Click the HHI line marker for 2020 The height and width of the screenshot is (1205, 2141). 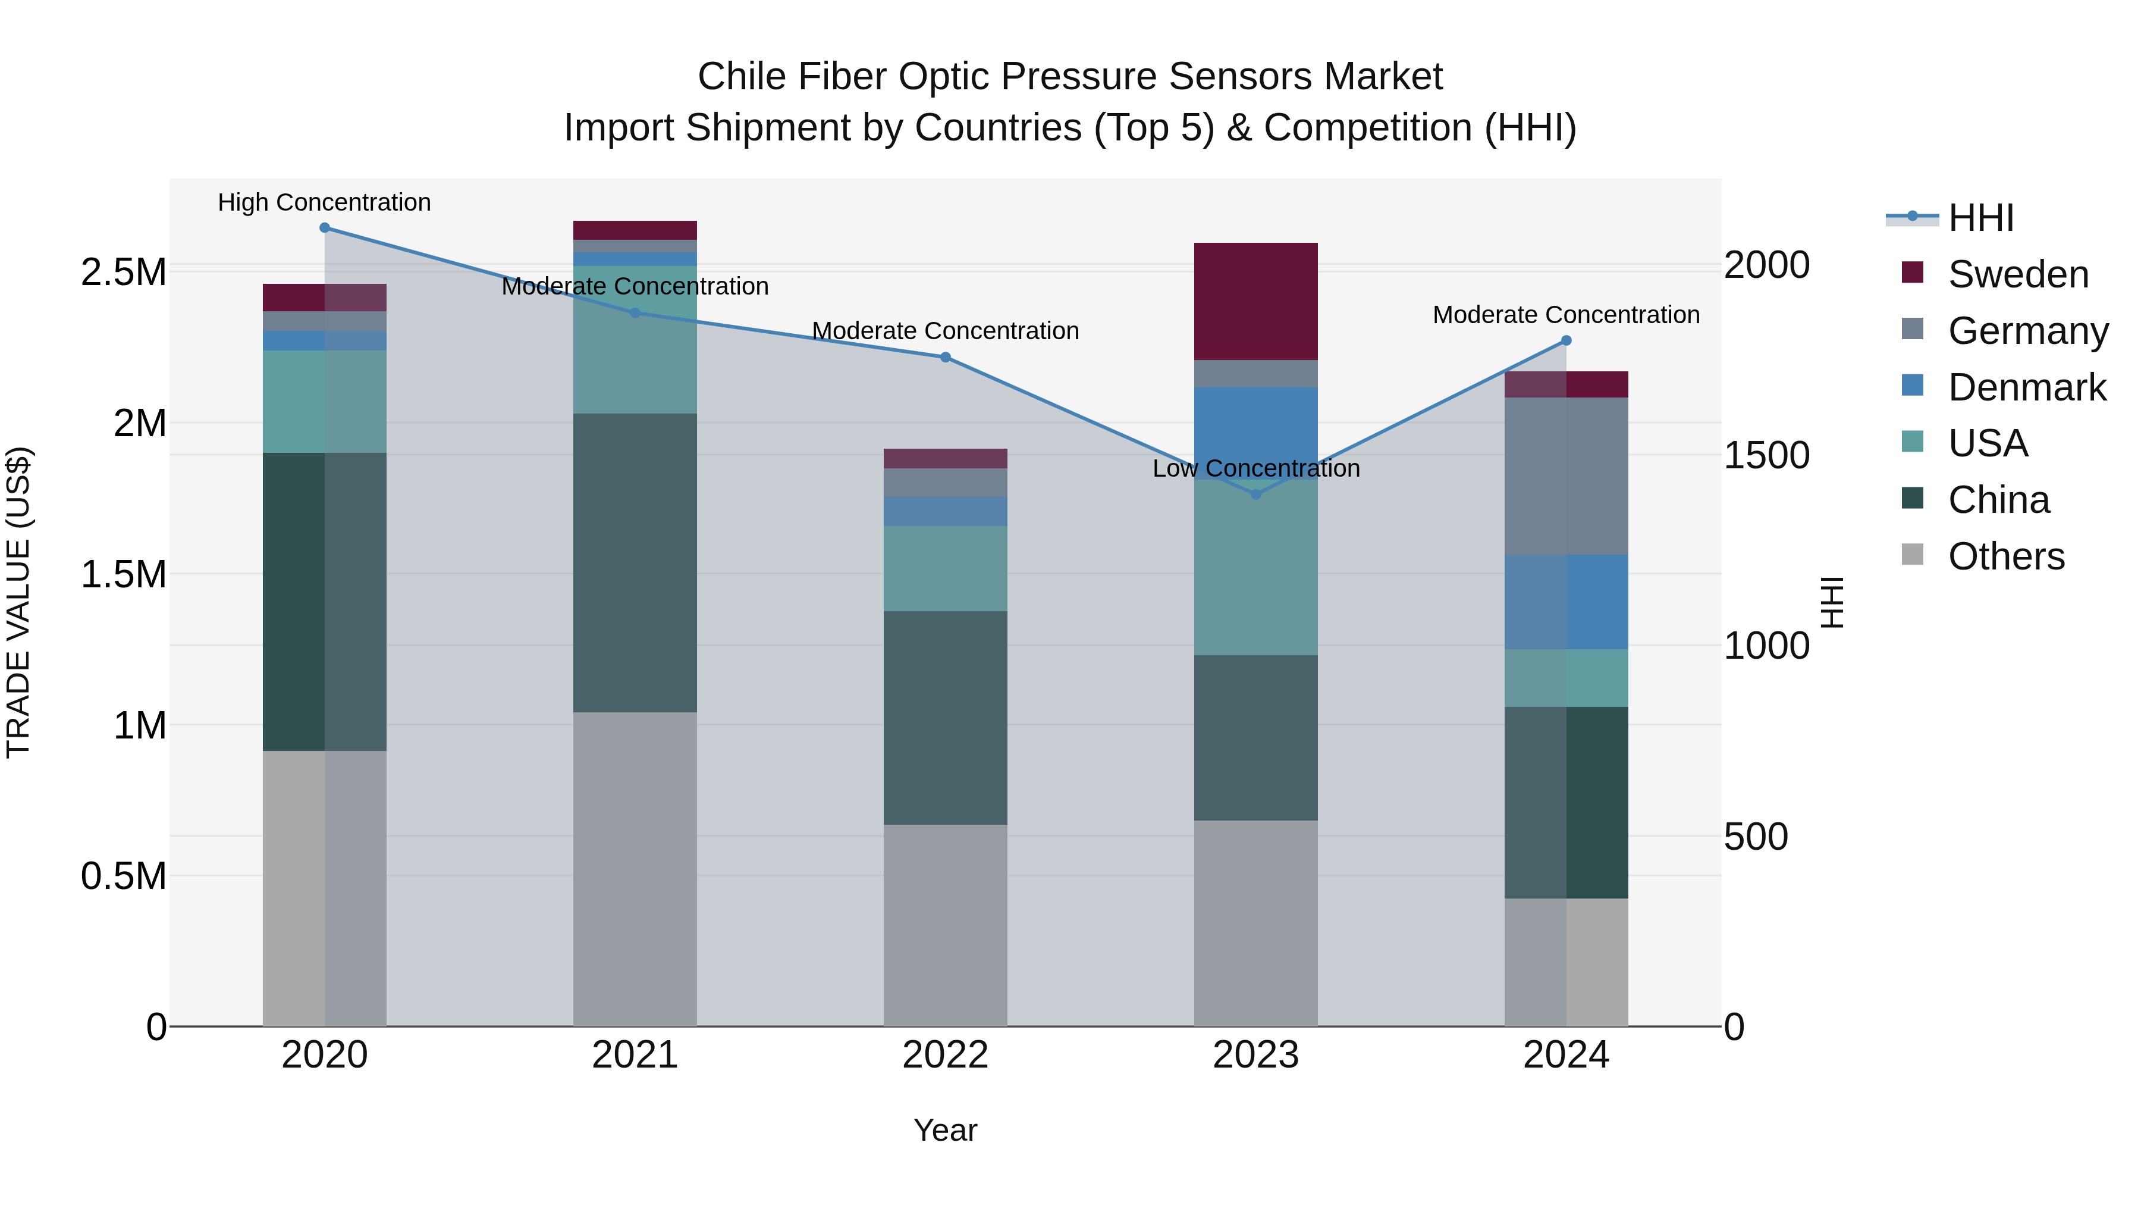tap(324, 228)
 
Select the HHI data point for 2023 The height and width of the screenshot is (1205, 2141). tap(1256, 494)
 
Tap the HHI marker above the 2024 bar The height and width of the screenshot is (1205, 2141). tap(1566, 340)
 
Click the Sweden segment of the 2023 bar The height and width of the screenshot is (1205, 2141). tap(1256, 301)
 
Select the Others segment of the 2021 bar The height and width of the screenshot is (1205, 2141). tap(635, 868)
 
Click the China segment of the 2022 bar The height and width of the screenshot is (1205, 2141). tap(945, 718)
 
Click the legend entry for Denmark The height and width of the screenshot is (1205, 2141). tap(2026, 387)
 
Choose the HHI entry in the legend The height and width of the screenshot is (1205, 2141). tap(1980, 218)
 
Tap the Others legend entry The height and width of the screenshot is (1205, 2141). tap(2005, 556)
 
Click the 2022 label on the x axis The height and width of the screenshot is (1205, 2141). tap(945, 1055)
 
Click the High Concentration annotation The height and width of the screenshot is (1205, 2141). tap(324, 202)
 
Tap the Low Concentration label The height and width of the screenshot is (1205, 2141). tap(1256, 468)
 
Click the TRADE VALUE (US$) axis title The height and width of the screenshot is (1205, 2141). tap(18, 602)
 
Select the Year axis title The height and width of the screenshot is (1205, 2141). tap(945, 1130)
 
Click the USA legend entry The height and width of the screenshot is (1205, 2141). tap(1986, 443)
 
